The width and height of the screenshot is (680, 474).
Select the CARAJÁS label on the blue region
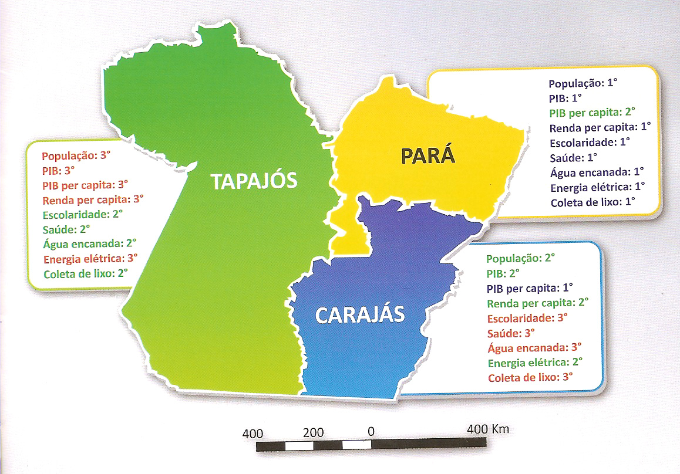click(x=360, y=315)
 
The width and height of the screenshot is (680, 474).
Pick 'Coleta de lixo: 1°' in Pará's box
click(x=593, y=203)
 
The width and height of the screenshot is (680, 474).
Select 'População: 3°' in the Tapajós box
click(x=76, y=156)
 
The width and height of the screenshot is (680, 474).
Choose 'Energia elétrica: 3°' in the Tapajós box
click(x=90, y=258)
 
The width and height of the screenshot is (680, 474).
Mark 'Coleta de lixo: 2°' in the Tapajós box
click(x=85, y=273)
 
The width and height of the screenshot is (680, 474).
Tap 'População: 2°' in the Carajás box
click(x=520, y=258)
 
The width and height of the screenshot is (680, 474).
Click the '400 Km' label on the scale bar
click(x=487, y=429)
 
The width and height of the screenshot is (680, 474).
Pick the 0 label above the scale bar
click(x=371, y=432)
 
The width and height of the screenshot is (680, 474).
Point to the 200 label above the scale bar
click(x=314, y=433)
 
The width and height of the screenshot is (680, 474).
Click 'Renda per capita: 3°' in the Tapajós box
click(x=93, y=199)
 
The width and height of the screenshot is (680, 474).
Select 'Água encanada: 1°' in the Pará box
click(x=597, y=172)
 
